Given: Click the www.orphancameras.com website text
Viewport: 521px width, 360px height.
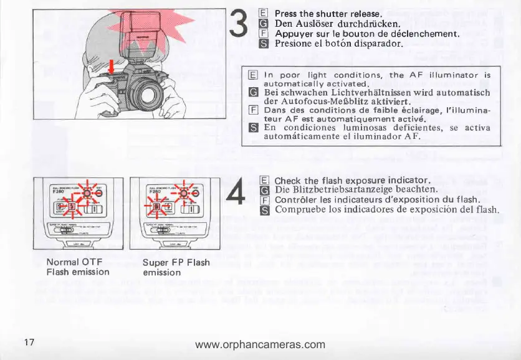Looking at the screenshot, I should [x=260, y=344].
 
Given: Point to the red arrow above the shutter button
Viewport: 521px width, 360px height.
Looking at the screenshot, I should [x=112, y=66].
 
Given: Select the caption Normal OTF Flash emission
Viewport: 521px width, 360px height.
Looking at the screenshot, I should [x=78, y=267].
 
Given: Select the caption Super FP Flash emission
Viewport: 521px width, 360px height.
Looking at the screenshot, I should [x=176, y=267].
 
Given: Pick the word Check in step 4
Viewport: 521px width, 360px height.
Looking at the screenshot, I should [x=288, y=181].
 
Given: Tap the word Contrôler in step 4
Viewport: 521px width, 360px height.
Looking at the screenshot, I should [x=298, y=200].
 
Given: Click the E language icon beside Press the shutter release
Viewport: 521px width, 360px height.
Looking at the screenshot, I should [x=263, y=13].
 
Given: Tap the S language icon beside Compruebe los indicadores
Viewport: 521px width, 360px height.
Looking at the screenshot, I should [x=263, y=211].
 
